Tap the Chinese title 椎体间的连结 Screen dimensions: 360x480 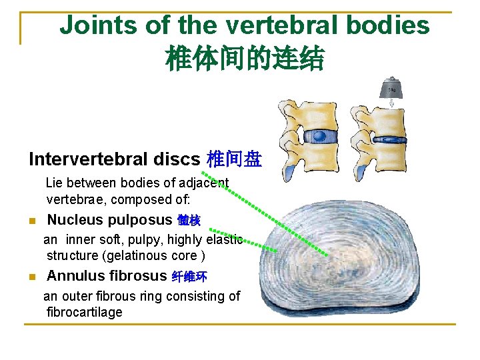pyautogui.click(x=245, y=59)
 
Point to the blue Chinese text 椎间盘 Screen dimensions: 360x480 pyautogui.click(x=234, y=159)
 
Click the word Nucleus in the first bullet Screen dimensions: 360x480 pyautogui.click(x=75, y=220)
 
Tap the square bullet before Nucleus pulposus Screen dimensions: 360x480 pyautogui.click(x=32, y=221)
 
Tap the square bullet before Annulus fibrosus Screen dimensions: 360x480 pyautogui.click(x=32, y=277)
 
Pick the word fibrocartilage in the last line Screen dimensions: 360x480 pyautogui.click(x=85, y=312)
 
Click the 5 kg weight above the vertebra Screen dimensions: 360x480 pyautogui.click(x=391, y=89)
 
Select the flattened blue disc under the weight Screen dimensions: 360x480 pyautogui.click(x=392, y=139)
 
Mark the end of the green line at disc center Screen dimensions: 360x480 pyautogui.click(x=327, y=255)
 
